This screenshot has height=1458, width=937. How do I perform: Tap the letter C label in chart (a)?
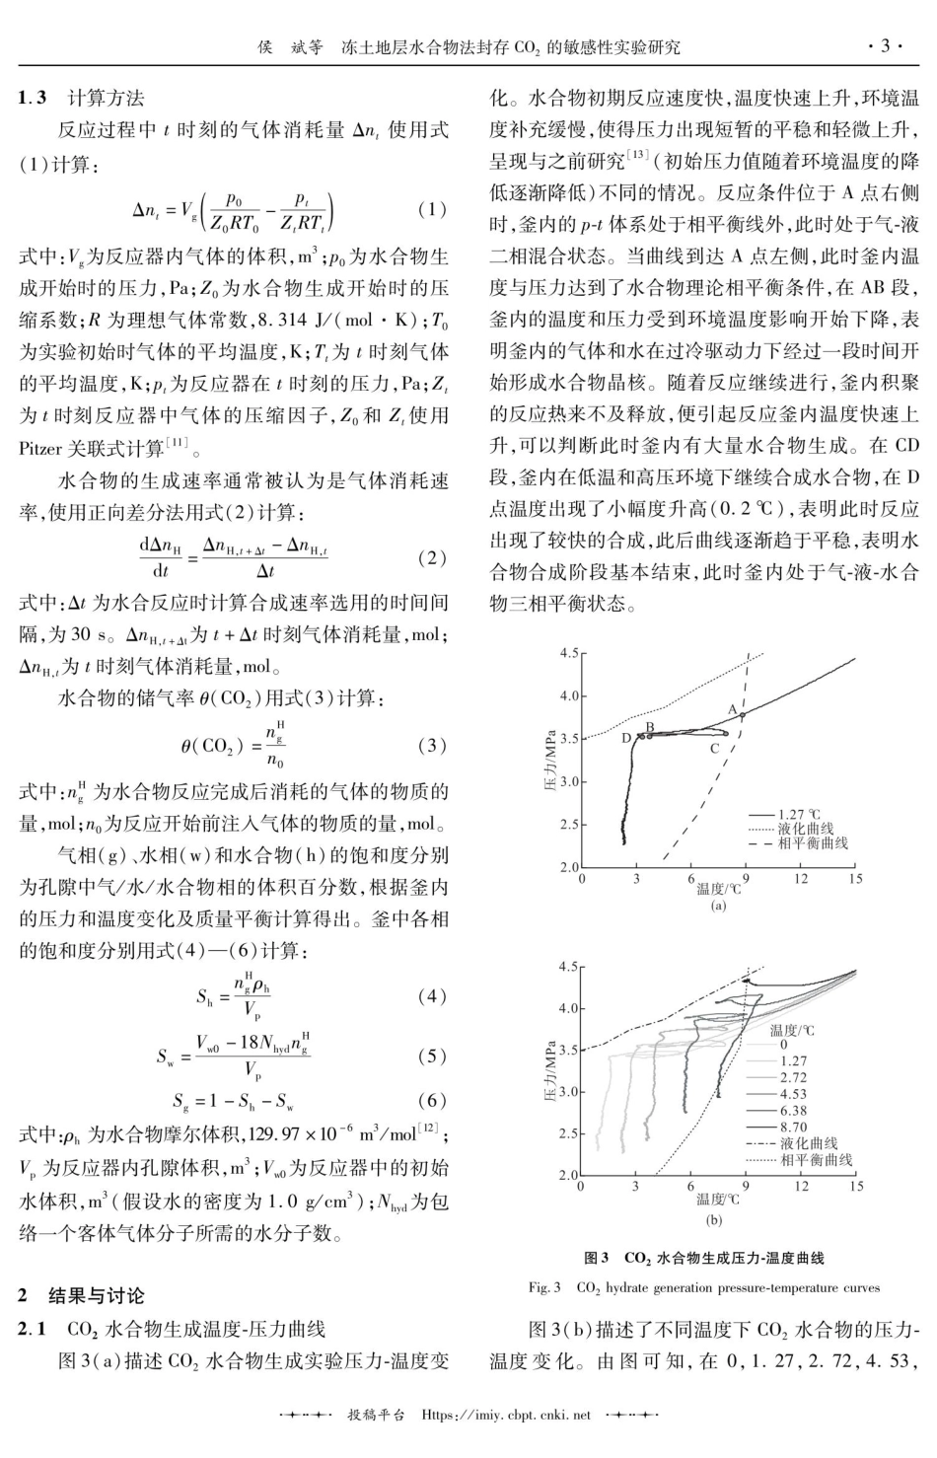click(x=714, y=749)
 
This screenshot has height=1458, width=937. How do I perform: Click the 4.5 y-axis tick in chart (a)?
click(x=569, y=653)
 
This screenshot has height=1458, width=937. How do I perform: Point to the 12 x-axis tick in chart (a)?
click(x=800, y=879)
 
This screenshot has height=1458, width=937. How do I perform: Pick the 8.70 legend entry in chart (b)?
click(x=793, y=1126)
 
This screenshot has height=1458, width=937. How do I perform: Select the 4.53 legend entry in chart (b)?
click(x=793, y=1093)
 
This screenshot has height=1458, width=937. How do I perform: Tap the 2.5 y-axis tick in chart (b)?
click(x=567, y=1133)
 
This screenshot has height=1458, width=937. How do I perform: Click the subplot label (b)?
click(x=717, y=1219)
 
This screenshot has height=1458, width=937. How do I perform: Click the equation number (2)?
click(x=432, y=558)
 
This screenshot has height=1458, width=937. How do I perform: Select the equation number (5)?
click(x=432, y=1056)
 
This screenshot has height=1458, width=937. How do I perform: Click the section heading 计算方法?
click(x=105, y=98)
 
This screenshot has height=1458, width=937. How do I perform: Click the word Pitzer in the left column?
click(x=40, y=449)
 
